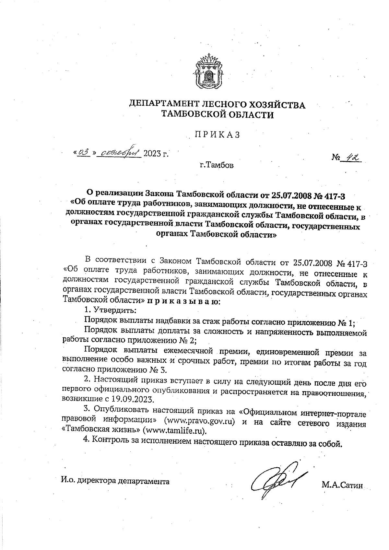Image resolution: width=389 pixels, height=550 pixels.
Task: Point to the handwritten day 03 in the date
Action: [x=83, y=151]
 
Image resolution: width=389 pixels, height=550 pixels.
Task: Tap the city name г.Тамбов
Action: [x=217, y=166]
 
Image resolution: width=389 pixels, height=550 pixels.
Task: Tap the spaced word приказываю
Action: [x=184, y=301]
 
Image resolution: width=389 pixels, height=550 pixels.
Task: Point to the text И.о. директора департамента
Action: [x=115, y=481]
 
